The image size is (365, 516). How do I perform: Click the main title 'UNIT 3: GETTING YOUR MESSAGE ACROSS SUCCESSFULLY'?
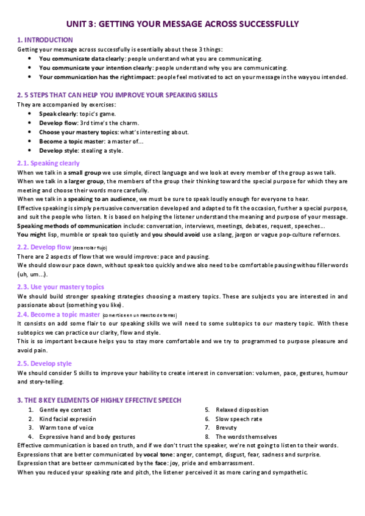[182, 24]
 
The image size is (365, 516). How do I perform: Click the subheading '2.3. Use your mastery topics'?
[60, 287]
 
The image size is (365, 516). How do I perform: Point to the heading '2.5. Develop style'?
[44, 364]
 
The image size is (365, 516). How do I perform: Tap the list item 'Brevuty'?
[227, 428]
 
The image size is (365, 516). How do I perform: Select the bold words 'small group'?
[83, 173]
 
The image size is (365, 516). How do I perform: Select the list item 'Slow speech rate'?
[239, 419]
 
